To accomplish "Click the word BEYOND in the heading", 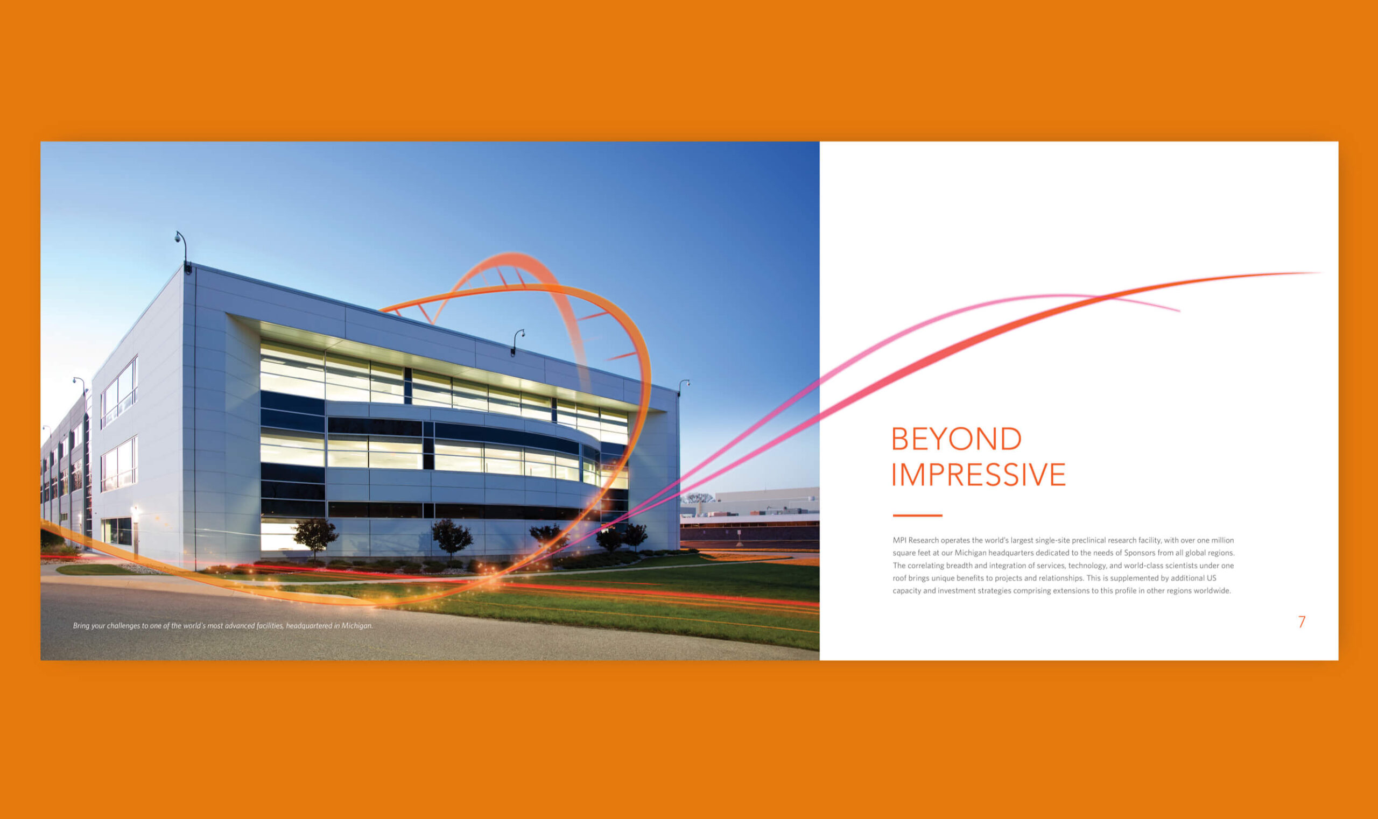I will point(956,439).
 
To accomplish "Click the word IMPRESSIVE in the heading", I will point(978,475).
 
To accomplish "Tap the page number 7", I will point(1301,622).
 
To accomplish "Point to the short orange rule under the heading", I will point(917,516).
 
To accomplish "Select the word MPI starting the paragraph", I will point(899,540).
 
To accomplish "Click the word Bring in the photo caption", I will point(81,626).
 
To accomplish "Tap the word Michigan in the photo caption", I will point(357,626).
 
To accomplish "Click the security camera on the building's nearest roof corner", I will point(178,238).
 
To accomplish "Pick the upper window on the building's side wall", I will point(119,391).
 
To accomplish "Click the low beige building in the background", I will point(768,499).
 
